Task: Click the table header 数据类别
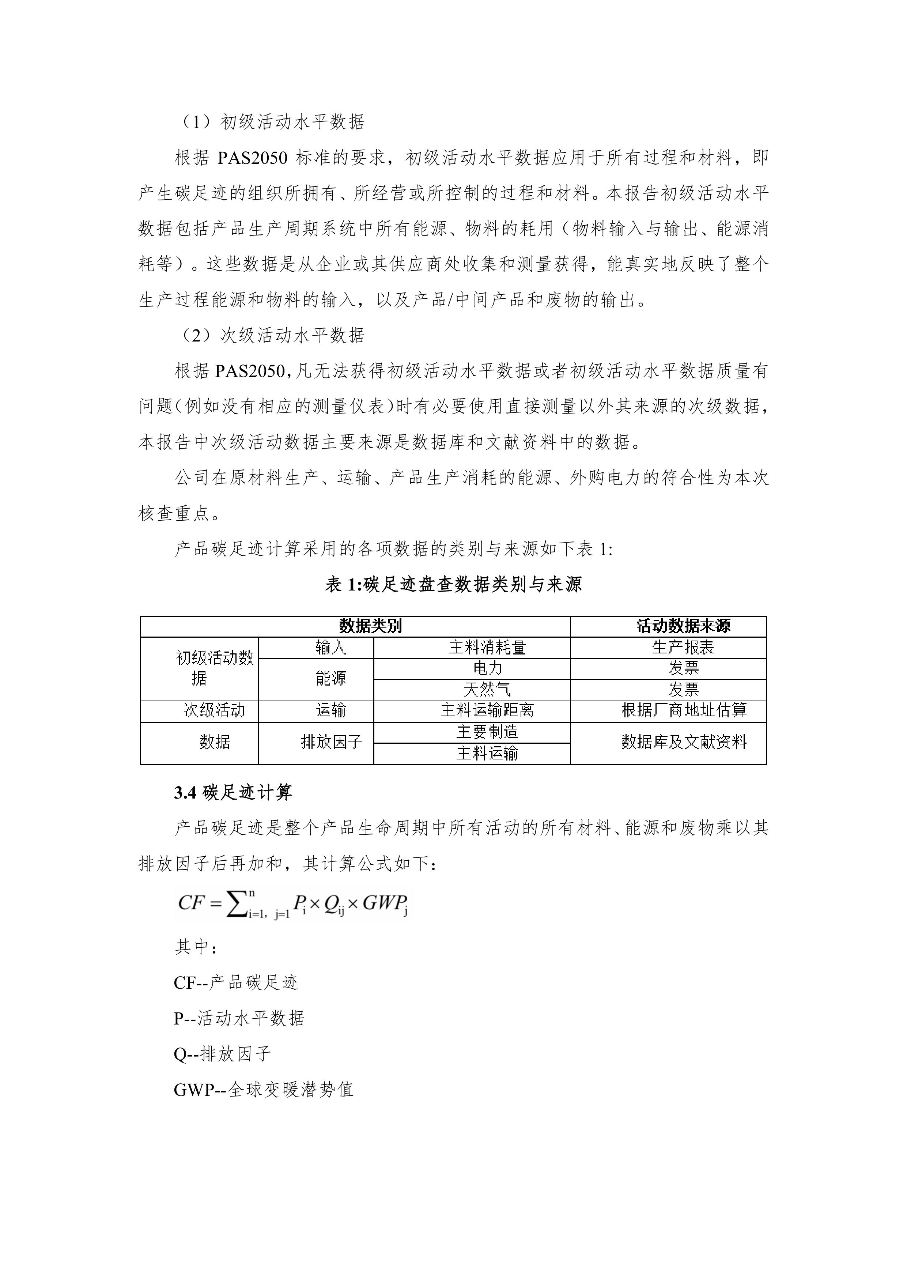click(370, 626)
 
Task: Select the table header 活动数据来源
click(683, 626)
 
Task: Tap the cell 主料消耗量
click(487, 648)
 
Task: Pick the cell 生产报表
click(683, 648)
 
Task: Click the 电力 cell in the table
click(487, 668)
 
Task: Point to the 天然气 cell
click(487, 690)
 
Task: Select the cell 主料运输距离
click(487, 711)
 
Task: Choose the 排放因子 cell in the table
click(331, 743)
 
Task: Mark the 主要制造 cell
click(487, 732)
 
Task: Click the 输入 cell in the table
click(331, 648)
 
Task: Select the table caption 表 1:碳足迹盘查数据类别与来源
click(453, 585)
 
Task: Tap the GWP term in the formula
click(385, 902)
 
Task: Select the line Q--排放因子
click(222, 1054)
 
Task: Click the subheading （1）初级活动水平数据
click(273, 122)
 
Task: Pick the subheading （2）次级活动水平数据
click(273, 335)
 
